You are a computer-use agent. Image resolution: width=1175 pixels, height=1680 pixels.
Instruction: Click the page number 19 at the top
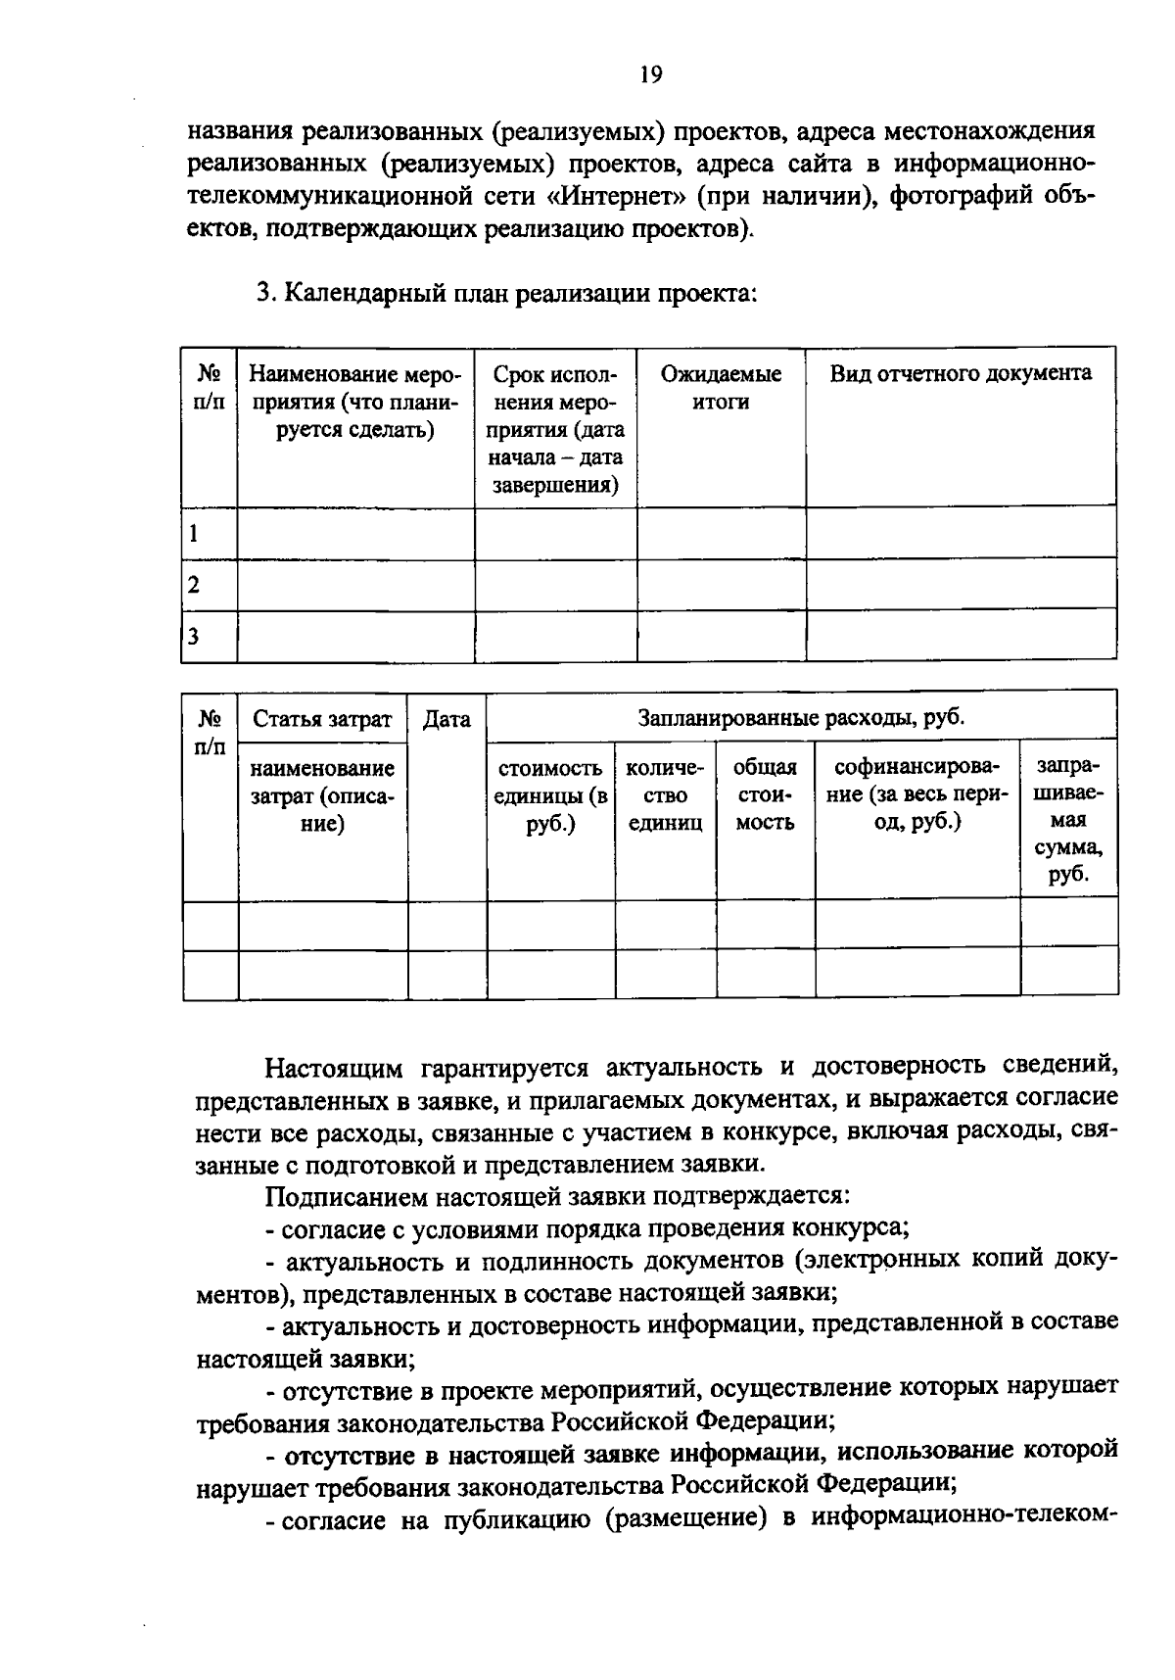click(651, 76)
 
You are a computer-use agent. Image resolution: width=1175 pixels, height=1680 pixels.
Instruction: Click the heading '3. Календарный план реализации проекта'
click(506, 293)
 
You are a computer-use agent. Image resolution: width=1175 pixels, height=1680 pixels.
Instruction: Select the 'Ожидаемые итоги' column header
click(721, 388)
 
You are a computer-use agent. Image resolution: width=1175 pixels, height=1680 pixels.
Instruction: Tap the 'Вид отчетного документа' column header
click(961, 373)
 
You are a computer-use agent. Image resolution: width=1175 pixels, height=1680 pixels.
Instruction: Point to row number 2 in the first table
click(194, 585)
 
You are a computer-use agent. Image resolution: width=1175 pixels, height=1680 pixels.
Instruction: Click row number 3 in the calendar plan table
click(194, 636)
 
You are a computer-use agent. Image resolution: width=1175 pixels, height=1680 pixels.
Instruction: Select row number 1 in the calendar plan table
click(194, 534)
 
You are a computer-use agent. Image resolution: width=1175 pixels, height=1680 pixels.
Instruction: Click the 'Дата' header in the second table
click(446, 720)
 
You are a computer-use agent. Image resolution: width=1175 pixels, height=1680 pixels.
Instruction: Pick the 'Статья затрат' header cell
click(322, 720)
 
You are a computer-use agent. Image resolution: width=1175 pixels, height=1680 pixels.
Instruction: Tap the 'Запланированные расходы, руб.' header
click(801, 718)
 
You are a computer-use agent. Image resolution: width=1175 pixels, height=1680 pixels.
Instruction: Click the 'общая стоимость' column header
click(765, 795)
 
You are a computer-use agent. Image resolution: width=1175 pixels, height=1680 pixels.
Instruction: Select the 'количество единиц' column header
click(665, 795)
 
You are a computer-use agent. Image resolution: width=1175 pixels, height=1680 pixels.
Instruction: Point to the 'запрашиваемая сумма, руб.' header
click(1068, 820)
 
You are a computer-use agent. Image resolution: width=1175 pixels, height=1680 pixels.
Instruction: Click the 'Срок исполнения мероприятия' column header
click(555, 429)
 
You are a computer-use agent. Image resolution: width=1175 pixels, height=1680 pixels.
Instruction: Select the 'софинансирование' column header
click(916, 794)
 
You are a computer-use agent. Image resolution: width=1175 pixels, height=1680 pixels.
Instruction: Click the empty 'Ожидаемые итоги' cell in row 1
click(721, 534)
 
